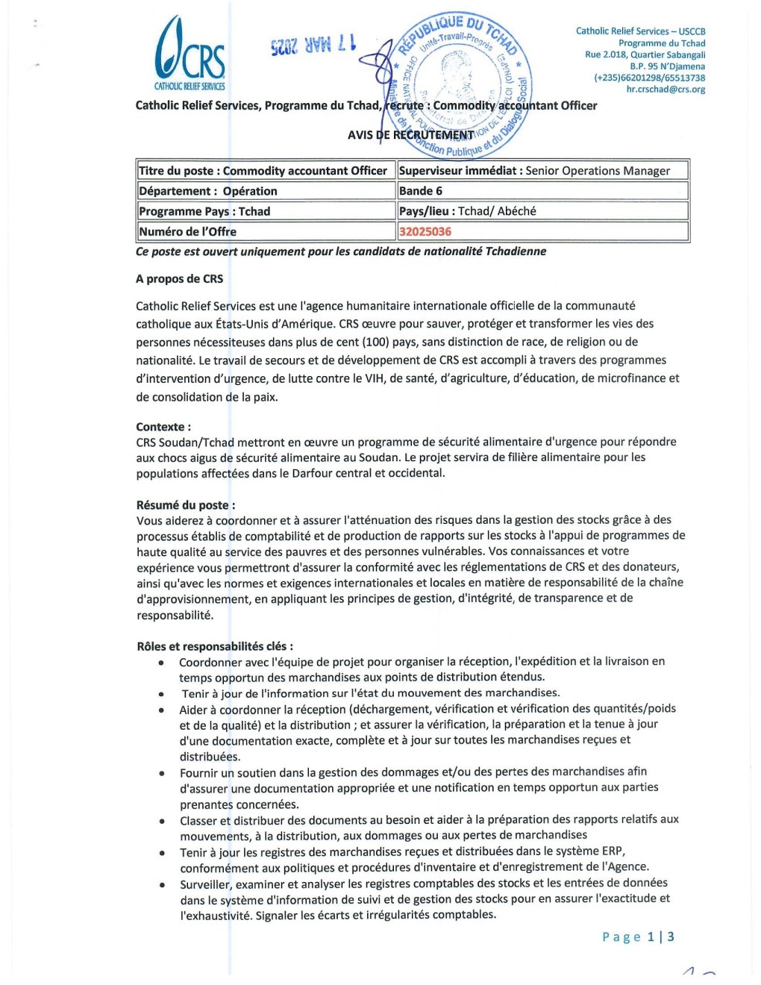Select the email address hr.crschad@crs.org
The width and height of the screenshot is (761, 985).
point(666,90)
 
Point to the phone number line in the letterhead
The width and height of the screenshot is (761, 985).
point(649,78)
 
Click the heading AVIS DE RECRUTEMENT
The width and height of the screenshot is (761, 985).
point(410,135)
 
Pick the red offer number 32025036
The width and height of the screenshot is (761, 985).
point(425,231)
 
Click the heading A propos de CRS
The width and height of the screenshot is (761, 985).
point(179,279)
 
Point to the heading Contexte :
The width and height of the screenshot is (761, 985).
point(163,427)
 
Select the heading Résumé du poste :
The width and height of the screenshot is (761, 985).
point(186,505)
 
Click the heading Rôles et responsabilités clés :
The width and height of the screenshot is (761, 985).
point(215,646)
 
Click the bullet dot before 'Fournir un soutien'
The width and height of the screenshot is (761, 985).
point(162,773)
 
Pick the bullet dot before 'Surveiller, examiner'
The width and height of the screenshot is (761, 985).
point(162,884)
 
